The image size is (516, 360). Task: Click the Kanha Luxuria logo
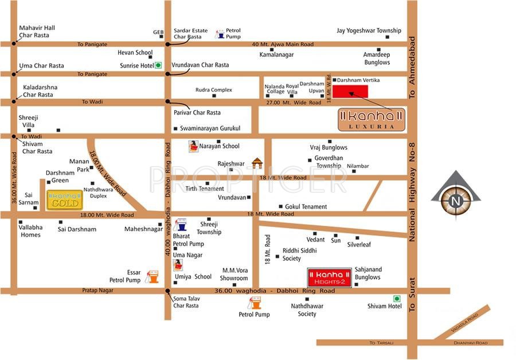pyautogui.click(x=371, y=119)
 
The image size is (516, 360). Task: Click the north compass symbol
pyautogui.click(x=455, y=201)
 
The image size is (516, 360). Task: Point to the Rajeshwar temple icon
pyautogui.click(x=257, y=163)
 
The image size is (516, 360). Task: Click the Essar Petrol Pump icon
pyautogui.click(x=152, y=277)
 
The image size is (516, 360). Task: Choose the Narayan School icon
pyautogui.click(x=194, y=146)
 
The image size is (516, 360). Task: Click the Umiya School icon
pyautogui.click(x=178, y=265)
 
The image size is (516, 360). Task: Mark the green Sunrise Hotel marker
pyautogui.click(x=159, y=65)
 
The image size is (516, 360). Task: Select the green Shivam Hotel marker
pyautogui.click(x=396, y=298)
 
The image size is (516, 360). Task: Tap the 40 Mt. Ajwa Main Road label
pyautogui.click(x=283, y=44)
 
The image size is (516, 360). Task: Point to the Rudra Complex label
pyautogui.click(x=213, y=90)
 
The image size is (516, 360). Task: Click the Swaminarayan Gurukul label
pyautogui.click(x=210, y=128)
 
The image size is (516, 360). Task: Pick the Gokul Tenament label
pyautogui.click(x=306, y=207)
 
